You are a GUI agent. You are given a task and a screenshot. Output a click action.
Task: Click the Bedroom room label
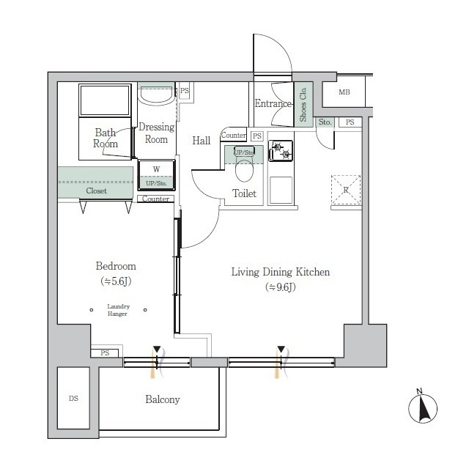116,266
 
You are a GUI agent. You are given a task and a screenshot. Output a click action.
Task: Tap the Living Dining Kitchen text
281,272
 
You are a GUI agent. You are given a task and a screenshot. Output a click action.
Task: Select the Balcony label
162,399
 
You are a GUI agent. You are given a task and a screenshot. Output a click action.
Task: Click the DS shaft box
73,399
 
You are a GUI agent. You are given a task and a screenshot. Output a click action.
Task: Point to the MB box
344,93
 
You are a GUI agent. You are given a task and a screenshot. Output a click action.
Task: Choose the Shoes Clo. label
303,103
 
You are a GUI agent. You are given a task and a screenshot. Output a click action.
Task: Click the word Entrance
273,104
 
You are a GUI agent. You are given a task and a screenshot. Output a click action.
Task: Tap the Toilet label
244,193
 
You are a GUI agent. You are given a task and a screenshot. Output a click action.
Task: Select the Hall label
202,141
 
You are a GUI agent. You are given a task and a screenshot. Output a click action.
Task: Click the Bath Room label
105,139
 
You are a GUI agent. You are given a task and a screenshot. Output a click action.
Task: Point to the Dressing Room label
156,133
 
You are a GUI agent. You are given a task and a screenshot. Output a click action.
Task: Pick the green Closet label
96,191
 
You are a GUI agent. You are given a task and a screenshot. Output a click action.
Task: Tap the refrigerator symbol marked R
346,188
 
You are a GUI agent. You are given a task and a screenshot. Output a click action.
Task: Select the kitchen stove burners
281,151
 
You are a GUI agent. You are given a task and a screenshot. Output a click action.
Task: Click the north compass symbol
422,407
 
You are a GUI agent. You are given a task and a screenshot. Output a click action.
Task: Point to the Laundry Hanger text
118,310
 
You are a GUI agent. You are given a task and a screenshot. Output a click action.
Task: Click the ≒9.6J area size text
281,287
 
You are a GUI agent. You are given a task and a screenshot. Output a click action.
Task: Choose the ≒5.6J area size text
116,281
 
